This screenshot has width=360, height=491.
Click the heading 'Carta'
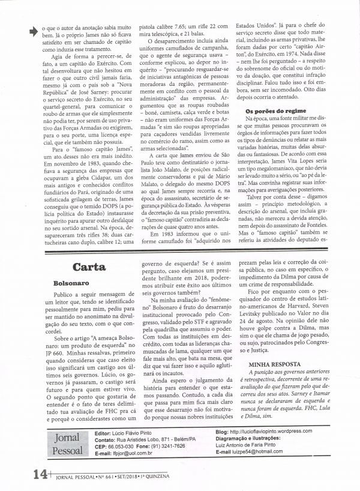[x=89, y=267]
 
